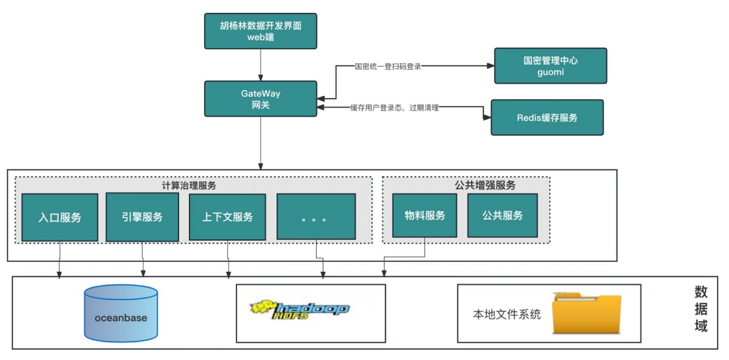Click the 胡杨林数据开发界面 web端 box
pos(260,31)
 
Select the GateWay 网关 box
pos(260,99)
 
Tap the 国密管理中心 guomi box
pos(551,66)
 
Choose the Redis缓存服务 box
pos(547,118)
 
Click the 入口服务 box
pos(60,217)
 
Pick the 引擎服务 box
pos(142,217)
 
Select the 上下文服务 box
pos(227,217)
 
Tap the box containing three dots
pos(316,217)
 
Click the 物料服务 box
pos(425,215)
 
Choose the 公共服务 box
pos(502,215)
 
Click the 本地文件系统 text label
pos(507,315)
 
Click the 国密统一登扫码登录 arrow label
pos(389,66)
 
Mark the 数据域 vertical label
pos(701,309)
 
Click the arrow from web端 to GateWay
pos(260,65)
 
